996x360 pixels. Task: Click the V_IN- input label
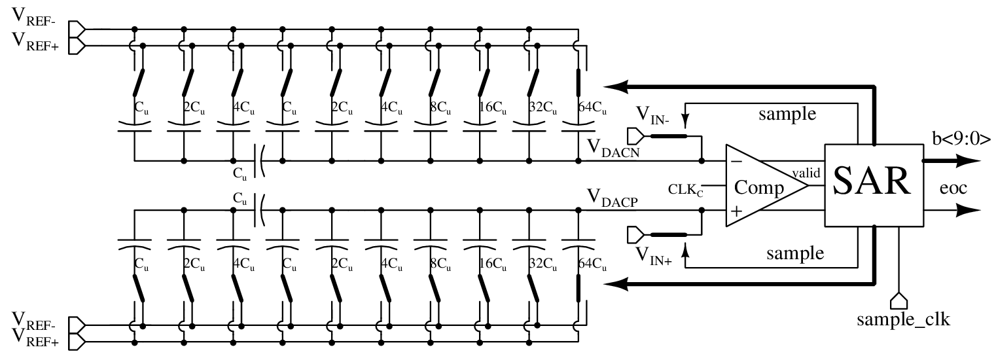pos(652,119)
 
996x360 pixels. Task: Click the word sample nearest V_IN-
pos(787,113)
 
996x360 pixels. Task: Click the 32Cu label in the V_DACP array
pos(542,265)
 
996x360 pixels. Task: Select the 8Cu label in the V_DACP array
pos(444,265)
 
